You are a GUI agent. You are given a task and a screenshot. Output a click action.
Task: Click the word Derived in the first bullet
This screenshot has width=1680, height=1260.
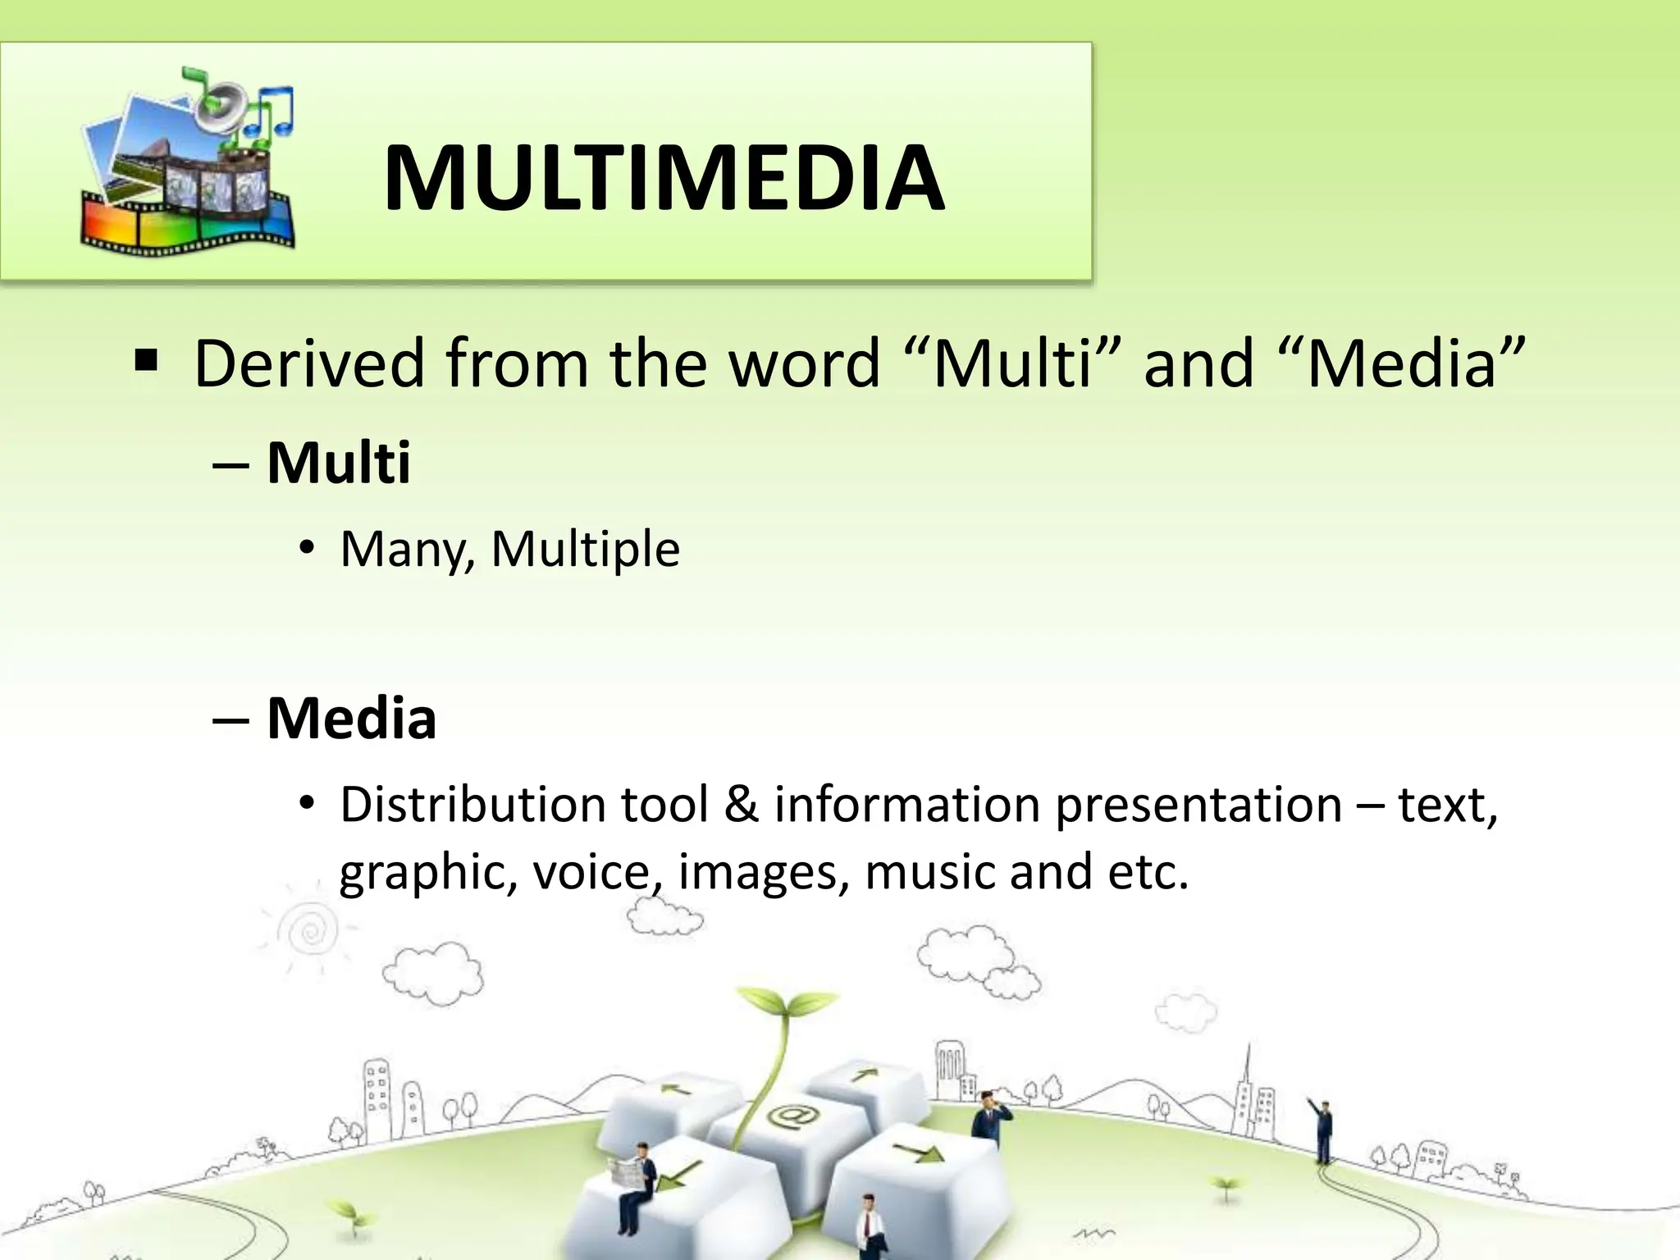point(308,363)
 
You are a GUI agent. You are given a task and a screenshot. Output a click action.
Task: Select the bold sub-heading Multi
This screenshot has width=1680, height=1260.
point(338,463)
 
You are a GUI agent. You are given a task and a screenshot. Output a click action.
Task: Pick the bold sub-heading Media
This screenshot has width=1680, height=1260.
point(351,719)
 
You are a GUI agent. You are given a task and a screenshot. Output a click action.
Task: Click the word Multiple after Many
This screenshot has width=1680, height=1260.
point(585,549)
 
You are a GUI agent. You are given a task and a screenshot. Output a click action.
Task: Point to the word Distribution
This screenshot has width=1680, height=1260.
point(472,805)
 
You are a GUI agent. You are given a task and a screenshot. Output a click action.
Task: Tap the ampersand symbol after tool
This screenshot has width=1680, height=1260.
point(741,805)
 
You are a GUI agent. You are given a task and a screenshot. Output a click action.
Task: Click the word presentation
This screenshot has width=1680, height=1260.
point(1198,805)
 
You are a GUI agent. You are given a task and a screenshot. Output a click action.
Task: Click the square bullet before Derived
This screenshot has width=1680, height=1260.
point(146,361)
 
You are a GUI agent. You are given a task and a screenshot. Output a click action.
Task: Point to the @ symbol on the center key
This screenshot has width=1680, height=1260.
point(788,1116)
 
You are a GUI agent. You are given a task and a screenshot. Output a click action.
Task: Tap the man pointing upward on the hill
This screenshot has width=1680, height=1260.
point(1321,1132)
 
